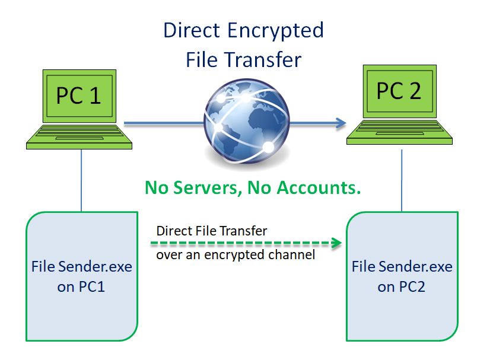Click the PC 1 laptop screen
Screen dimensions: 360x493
pos(79,95)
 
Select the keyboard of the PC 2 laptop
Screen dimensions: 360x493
pos(400,132)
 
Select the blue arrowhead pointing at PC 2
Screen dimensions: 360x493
pos(341,123)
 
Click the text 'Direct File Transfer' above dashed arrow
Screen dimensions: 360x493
pos(211,230)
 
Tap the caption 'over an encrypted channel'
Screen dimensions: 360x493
pos(236,255)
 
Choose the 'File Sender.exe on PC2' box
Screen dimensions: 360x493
pos(402,276)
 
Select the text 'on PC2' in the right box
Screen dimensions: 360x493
pos(402,287)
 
